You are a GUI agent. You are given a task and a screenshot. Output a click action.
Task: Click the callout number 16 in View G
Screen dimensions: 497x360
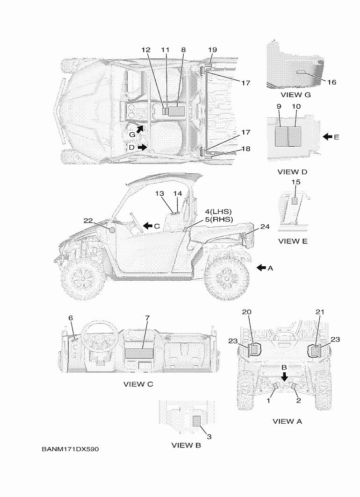pyautogui.click(x=331, y=82)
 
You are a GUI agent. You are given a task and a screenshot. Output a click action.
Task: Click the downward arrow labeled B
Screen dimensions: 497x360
pyautogui.click(x=284, y=376)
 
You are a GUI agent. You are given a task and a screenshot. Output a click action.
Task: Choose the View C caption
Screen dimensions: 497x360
pyautogui.click(x=138, y=384)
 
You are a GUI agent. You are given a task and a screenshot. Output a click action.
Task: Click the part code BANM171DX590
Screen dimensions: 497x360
pyautogui.click(x=70, y=449)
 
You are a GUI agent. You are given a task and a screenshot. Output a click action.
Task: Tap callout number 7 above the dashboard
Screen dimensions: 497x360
pyautogui.click(x=147, y=318)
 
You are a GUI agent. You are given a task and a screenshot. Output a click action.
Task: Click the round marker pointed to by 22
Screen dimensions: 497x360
pyautogui.click(x=111, y=230)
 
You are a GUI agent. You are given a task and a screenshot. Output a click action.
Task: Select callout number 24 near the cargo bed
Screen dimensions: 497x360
pyautogui.click(x=265, y=227)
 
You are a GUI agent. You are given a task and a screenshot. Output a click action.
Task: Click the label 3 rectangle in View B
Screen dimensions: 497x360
pyautogui.click(x=196, y=421)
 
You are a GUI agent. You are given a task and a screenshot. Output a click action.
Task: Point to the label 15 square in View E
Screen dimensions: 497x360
pyautogui.click(x=295, y=201)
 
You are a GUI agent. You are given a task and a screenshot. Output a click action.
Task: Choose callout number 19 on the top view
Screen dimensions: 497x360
pyautogui.click(x=212, y=50)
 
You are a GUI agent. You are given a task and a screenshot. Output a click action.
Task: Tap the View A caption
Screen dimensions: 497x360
pyautogui.click(x=287, y=421)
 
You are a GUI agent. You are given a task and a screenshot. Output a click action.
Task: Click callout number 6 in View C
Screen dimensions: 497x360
pyautogui.click(x=71, y=318)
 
